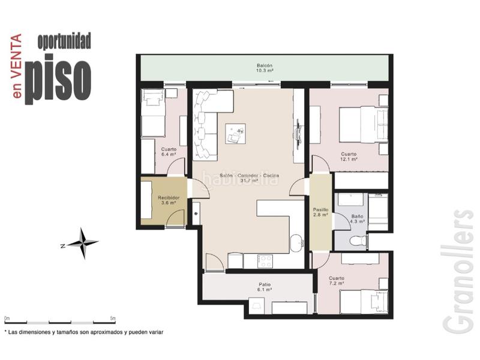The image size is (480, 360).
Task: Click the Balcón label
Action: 265,68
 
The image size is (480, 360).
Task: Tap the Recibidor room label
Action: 169,200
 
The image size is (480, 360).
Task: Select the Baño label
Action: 357,218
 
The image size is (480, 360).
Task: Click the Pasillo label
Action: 320,212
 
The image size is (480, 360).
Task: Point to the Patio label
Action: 265,287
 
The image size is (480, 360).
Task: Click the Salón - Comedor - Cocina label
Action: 249,178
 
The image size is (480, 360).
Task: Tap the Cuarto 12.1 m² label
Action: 349,157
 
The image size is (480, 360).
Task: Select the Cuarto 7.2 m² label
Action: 337,281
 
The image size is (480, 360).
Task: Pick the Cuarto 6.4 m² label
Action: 169,152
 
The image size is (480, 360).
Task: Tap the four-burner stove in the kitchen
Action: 265,262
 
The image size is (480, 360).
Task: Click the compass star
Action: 83,244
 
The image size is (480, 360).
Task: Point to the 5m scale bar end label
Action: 113,319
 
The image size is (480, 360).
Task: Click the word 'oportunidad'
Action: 64,41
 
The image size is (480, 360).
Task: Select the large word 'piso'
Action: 58,79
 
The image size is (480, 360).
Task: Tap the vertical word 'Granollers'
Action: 458,271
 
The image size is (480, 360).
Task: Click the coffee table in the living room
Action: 235,133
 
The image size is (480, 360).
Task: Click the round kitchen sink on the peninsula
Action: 296,243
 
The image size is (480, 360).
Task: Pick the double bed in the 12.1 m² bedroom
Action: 364,124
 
